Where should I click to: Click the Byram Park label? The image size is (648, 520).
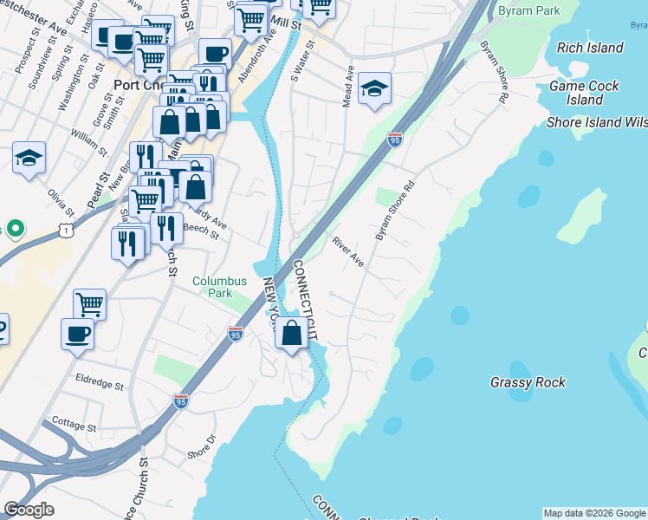click(x=529, y=11)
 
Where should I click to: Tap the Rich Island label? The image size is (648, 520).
click(x=590, y=48)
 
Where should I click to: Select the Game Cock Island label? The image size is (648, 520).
click(x=585, y=93)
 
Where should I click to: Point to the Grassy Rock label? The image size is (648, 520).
click(x=528, y=381)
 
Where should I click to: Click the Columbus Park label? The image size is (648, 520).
click(x=219, y=287)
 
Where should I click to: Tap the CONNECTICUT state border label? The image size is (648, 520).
click(x=305, y=299)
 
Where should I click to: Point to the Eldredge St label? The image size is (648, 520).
click(x=100, y=380)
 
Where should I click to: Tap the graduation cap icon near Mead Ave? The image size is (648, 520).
click(x=374, y=88)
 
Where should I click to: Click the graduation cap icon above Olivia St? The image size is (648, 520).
click(x=29, y=158)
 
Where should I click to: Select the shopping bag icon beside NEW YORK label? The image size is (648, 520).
click(x=292, y=332)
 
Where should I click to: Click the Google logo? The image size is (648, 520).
click(x=29, y=509)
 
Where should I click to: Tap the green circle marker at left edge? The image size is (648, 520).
click(x=14, y=229)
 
